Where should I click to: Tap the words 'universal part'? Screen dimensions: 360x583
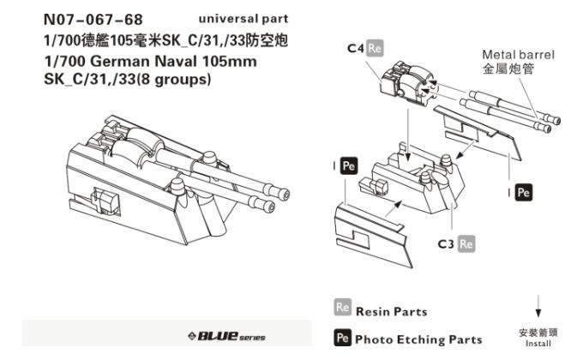[x=243, y=19]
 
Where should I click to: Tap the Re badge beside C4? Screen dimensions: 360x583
[x=374, y=49]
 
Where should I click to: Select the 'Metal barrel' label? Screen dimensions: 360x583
[x=518, y=55]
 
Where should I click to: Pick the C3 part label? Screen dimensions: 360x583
[x=446, y=244]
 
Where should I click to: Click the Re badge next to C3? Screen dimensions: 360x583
[x=466, y=244]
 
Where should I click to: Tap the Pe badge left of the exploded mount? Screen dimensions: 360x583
[x=348, y=166]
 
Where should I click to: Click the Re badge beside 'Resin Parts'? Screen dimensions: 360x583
[x=340, y=309]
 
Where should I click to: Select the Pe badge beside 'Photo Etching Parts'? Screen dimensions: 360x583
[x=340, y=339]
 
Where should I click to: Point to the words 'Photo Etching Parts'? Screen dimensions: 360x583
[x=418, y=339]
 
